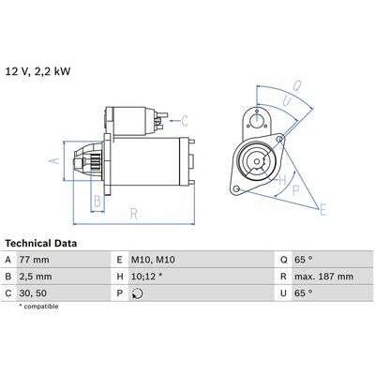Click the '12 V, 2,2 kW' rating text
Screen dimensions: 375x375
pos(38,71)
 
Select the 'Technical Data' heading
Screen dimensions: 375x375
pos(41,244)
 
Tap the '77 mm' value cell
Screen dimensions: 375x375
pos(34,260)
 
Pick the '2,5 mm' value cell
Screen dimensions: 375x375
pos(36,277)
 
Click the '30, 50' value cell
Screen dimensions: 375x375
pos(33,293)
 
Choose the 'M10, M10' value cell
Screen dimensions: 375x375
pos(153,260)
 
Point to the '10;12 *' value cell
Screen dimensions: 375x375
pos(146,277)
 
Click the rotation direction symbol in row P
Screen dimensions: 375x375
pos(137,293)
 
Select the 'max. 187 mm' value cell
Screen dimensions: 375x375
pos(323,277)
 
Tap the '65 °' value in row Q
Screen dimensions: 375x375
pos(304,260)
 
